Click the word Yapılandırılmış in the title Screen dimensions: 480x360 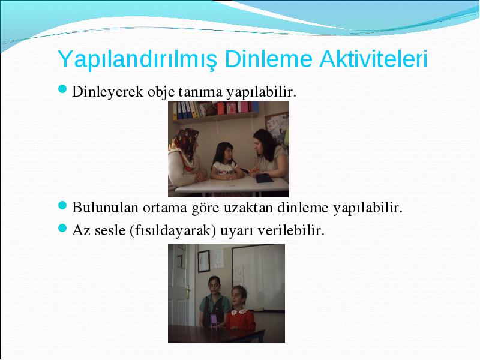[x=137, y=59]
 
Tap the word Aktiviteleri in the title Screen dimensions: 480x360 [x=373, y=58]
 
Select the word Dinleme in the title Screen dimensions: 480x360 [x=268, y=58]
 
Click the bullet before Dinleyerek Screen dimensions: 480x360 [x=62, y=89]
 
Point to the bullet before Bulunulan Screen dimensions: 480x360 [x=62, y=205]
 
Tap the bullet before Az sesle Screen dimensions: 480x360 [x=62, y=228]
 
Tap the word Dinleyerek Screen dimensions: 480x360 [x=107, y=92]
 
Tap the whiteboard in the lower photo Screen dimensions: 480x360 [x=258, y=278]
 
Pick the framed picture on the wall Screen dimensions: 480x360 [x=203, y=261]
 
